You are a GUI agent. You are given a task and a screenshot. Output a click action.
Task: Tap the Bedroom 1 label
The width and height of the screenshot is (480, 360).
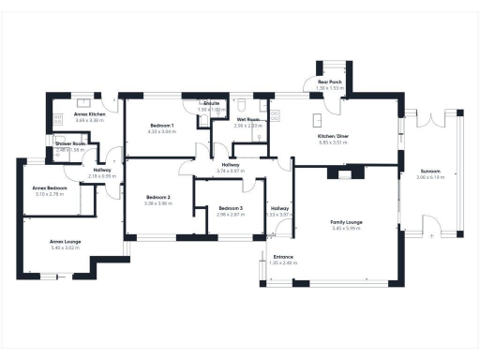pos(160,126)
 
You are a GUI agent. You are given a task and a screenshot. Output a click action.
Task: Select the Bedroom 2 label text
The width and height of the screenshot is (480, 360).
pos(157,197)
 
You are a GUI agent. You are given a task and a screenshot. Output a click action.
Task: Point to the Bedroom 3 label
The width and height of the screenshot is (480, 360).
pos(230,208)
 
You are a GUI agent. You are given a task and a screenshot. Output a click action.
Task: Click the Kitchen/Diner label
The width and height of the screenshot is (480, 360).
pos(333,136)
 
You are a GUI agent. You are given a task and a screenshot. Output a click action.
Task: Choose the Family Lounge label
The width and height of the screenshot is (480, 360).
pos(347,222)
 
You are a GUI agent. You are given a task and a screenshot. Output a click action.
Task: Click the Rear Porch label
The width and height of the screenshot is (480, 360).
pos(329,82)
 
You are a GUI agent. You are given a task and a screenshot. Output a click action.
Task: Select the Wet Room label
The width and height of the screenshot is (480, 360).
pos(247,120)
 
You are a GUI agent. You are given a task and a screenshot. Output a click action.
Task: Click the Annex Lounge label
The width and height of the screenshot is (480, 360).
pos(66,242)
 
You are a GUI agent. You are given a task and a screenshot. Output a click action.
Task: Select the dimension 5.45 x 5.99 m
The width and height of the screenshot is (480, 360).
pos(347,229)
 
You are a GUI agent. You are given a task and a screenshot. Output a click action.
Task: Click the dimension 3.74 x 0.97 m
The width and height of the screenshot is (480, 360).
pos(230,172)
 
